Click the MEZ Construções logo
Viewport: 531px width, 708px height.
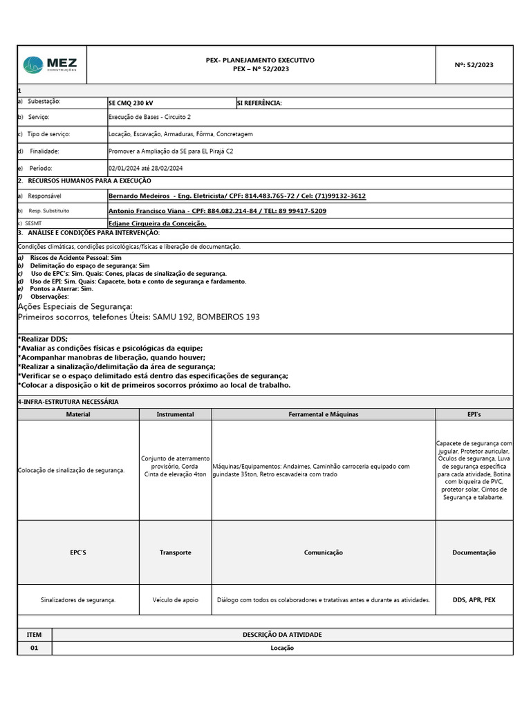pos(50,64)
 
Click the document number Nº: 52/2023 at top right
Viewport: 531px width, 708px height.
pos(474,65)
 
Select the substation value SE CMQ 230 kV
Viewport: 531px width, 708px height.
pos(131,102)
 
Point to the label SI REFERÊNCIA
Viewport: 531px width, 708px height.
pos(259,102)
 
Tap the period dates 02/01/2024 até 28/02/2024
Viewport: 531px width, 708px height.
pos(145,168)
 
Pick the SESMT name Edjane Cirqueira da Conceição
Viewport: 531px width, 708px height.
pos(157,224)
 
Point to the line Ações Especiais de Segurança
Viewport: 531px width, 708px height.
pos(75,306)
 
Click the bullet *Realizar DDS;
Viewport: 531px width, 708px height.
pos(43,339)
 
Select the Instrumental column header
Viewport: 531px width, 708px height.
pos(175,414)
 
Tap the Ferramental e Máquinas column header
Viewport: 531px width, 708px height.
pos(324,414)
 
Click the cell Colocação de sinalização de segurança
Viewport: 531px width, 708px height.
pos(71,470)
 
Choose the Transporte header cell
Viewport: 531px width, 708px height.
pos(175,552)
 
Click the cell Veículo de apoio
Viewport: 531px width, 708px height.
pos(175,600)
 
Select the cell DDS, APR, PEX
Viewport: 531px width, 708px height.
pos(474,600)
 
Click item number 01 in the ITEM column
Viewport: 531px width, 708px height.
pos(34,648)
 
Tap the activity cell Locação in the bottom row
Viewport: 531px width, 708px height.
pos(282,648)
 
